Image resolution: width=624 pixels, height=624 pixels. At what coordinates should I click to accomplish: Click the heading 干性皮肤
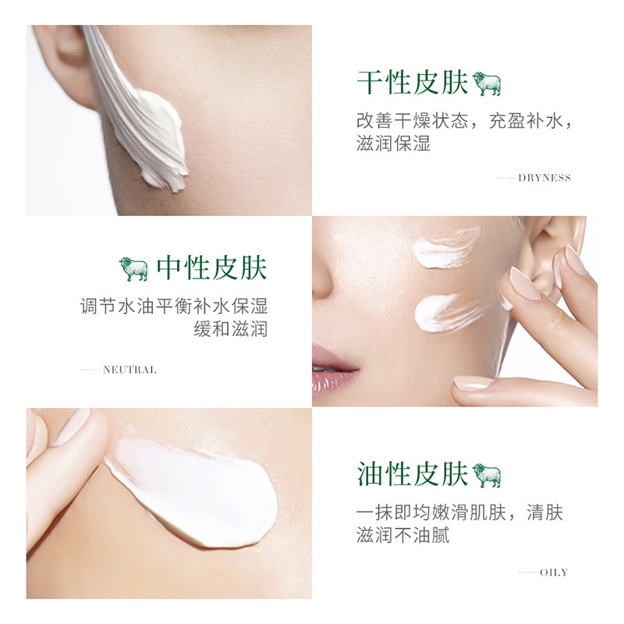(x=413, y=83)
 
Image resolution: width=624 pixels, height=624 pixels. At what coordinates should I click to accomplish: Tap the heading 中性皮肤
(x=211, y=268)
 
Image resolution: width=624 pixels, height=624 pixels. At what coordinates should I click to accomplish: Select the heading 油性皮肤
(x=413, y=474)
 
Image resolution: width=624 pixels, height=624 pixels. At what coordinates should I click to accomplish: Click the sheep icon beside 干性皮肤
(x=486, y=83)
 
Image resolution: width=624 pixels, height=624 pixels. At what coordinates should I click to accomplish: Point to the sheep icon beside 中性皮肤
(x=133, y=268)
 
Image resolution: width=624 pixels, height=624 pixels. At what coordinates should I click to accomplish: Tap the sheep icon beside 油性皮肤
(x=486, y=475)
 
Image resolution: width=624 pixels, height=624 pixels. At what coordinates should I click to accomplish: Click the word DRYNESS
(x=544, y=178)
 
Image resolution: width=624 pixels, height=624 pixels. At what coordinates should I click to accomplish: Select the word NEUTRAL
(x=129, y=370)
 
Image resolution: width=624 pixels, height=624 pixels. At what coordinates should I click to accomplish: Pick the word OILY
(x=554, y=573)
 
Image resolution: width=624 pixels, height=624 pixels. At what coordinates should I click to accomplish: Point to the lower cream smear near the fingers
(x=448, y=314)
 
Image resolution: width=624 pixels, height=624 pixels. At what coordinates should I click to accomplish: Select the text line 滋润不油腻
(x=402, y=535)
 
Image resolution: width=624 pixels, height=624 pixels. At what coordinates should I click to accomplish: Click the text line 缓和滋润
(x=230, y=328)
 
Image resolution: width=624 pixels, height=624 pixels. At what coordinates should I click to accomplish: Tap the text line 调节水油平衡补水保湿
(x=174, y=306)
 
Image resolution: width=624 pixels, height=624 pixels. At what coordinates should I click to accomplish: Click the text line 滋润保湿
(x=393, y=144)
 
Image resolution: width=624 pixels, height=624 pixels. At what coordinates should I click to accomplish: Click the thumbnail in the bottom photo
(x=72, y=427)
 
